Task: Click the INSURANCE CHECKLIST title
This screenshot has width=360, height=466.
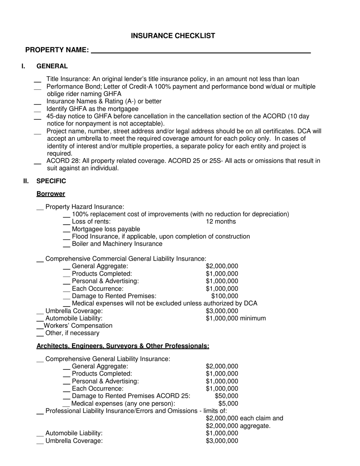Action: click(173, 36)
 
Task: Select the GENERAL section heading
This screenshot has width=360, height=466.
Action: click(52, 66)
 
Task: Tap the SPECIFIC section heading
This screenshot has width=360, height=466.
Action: click(51, 181)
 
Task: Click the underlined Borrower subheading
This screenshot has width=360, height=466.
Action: click(51, 194)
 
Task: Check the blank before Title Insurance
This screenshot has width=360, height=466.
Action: click(38, 81)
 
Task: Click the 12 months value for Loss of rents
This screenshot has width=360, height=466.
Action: click(221, 222)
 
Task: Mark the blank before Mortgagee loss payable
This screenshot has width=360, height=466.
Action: click(67, 231)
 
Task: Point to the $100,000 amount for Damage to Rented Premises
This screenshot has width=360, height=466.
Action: click(225, 296)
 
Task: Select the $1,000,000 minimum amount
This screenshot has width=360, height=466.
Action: click(235, 318)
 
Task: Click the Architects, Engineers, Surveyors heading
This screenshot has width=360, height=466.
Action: click(123, 346)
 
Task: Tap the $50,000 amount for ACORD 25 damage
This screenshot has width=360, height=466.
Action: click(226, 396)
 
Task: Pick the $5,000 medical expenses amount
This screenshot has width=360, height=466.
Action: click(228, 403)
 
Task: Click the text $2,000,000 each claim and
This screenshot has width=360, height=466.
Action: click(244, 418)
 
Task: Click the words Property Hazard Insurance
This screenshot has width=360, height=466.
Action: click(85, 207)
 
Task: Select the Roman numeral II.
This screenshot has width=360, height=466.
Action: click(26, 181)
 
